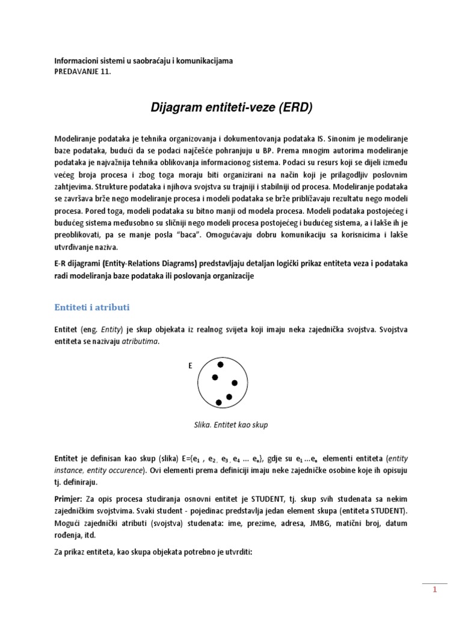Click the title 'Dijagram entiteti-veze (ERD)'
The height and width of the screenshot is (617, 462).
point(232,108)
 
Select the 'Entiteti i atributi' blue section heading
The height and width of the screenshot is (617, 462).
point(92,307)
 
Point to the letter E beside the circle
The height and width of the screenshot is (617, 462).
point(191,366)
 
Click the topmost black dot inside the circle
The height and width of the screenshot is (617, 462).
point(220,365)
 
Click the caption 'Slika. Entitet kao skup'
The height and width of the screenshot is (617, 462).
point(230,425)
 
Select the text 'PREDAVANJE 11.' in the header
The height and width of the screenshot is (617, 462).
point(83,72)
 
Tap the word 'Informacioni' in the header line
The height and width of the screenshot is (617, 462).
point(75,61)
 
